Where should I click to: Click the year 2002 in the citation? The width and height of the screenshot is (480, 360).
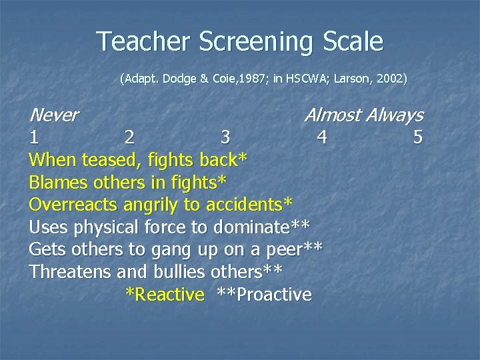click(x=389, y=79)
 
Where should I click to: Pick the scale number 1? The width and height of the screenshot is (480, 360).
click(x=33, y=138)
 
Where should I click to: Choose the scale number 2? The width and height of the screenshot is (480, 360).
click(x=129, y=138)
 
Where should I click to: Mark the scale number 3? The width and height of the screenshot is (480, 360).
click(x=225, y=138)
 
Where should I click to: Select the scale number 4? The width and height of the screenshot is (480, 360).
click(x=322, y=138)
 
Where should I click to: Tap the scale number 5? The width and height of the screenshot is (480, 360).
click(x=418, y=138)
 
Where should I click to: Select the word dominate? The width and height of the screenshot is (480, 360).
click(x=253, y=227)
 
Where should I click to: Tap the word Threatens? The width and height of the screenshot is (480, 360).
click(x=70, y=272)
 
